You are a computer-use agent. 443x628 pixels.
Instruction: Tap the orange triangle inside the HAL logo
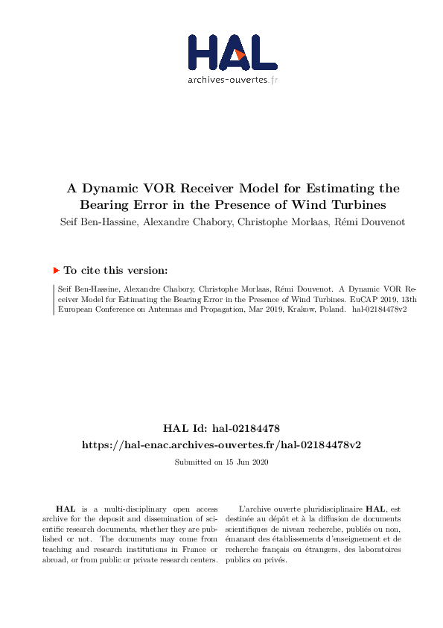coord(239,53)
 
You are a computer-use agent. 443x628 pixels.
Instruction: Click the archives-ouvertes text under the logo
coord(228,78)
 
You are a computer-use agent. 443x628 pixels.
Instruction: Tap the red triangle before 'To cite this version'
coord(56,270)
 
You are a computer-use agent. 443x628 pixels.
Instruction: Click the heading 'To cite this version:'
coord(115,271)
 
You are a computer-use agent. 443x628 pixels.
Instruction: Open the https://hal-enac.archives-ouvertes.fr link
coord(221,444)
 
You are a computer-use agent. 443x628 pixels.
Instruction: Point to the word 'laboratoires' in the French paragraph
coord(377,549)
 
